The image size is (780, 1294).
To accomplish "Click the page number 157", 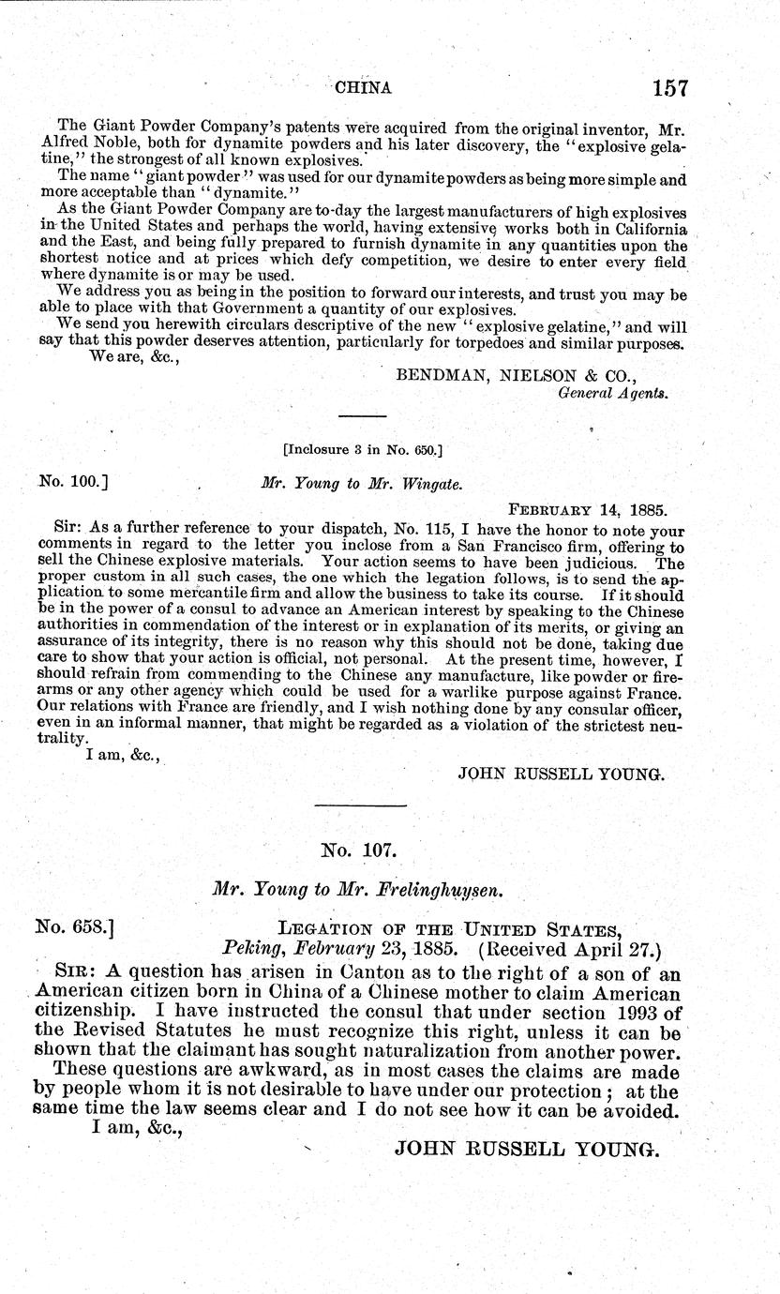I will pos(667,88).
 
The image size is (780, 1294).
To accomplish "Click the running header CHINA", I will pos(362,88).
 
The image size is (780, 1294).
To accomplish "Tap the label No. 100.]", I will pos(72,484).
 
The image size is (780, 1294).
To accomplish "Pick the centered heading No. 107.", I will pos(360,850).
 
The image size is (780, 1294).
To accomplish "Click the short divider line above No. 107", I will pos(360,805).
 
